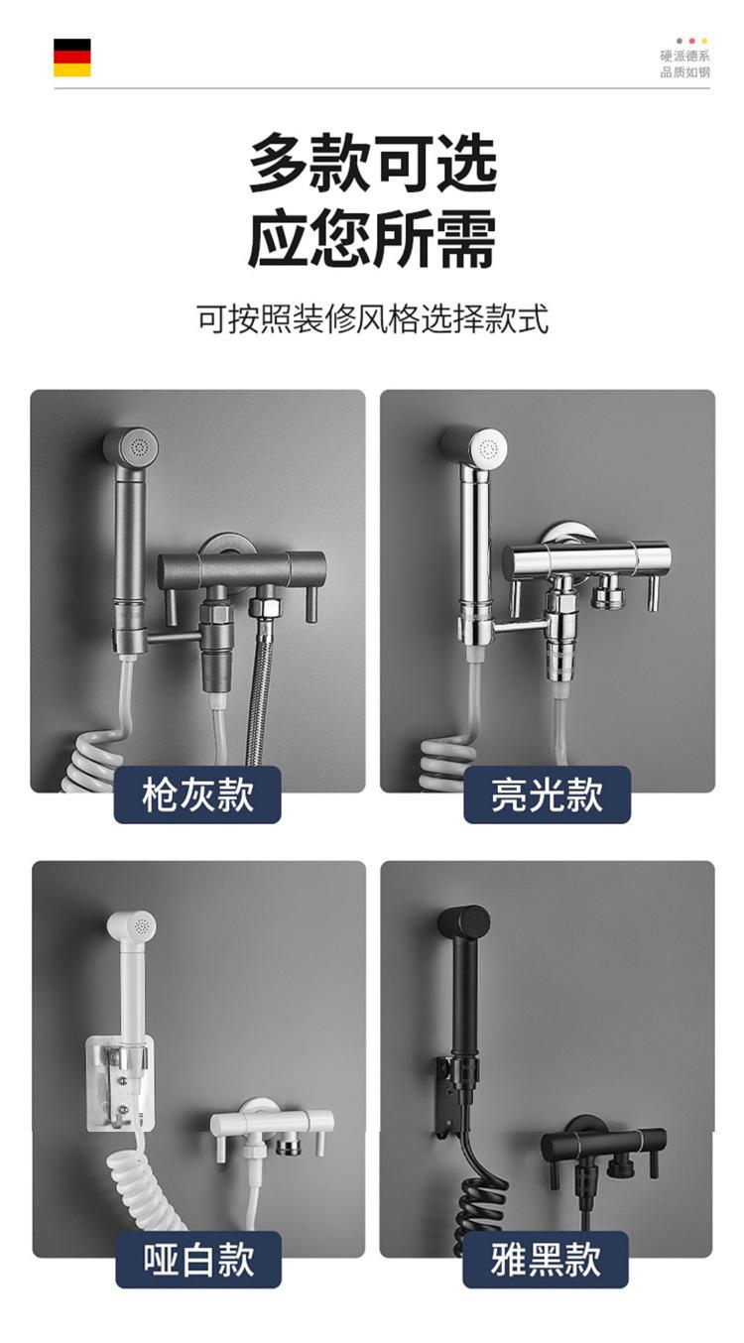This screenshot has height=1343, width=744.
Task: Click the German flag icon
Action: (72, 58)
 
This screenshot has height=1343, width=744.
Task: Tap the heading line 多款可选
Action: (372, 165)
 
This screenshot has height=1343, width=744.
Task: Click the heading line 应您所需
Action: (372, 240)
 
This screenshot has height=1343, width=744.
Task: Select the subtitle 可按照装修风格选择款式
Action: (372, 320)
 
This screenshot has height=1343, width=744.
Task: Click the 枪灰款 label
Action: (197, 794)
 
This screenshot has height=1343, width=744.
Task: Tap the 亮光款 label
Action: (547, 794)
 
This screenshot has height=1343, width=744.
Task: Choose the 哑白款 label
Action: (197, 1260)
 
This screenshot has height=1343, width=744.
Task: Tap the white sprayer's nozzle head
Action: (133, 928)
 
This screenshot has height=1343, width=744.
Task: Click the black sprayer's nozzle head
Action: (464, 923)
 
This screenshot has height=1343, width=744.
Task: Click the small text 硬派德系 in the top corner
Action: (684, 57)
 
